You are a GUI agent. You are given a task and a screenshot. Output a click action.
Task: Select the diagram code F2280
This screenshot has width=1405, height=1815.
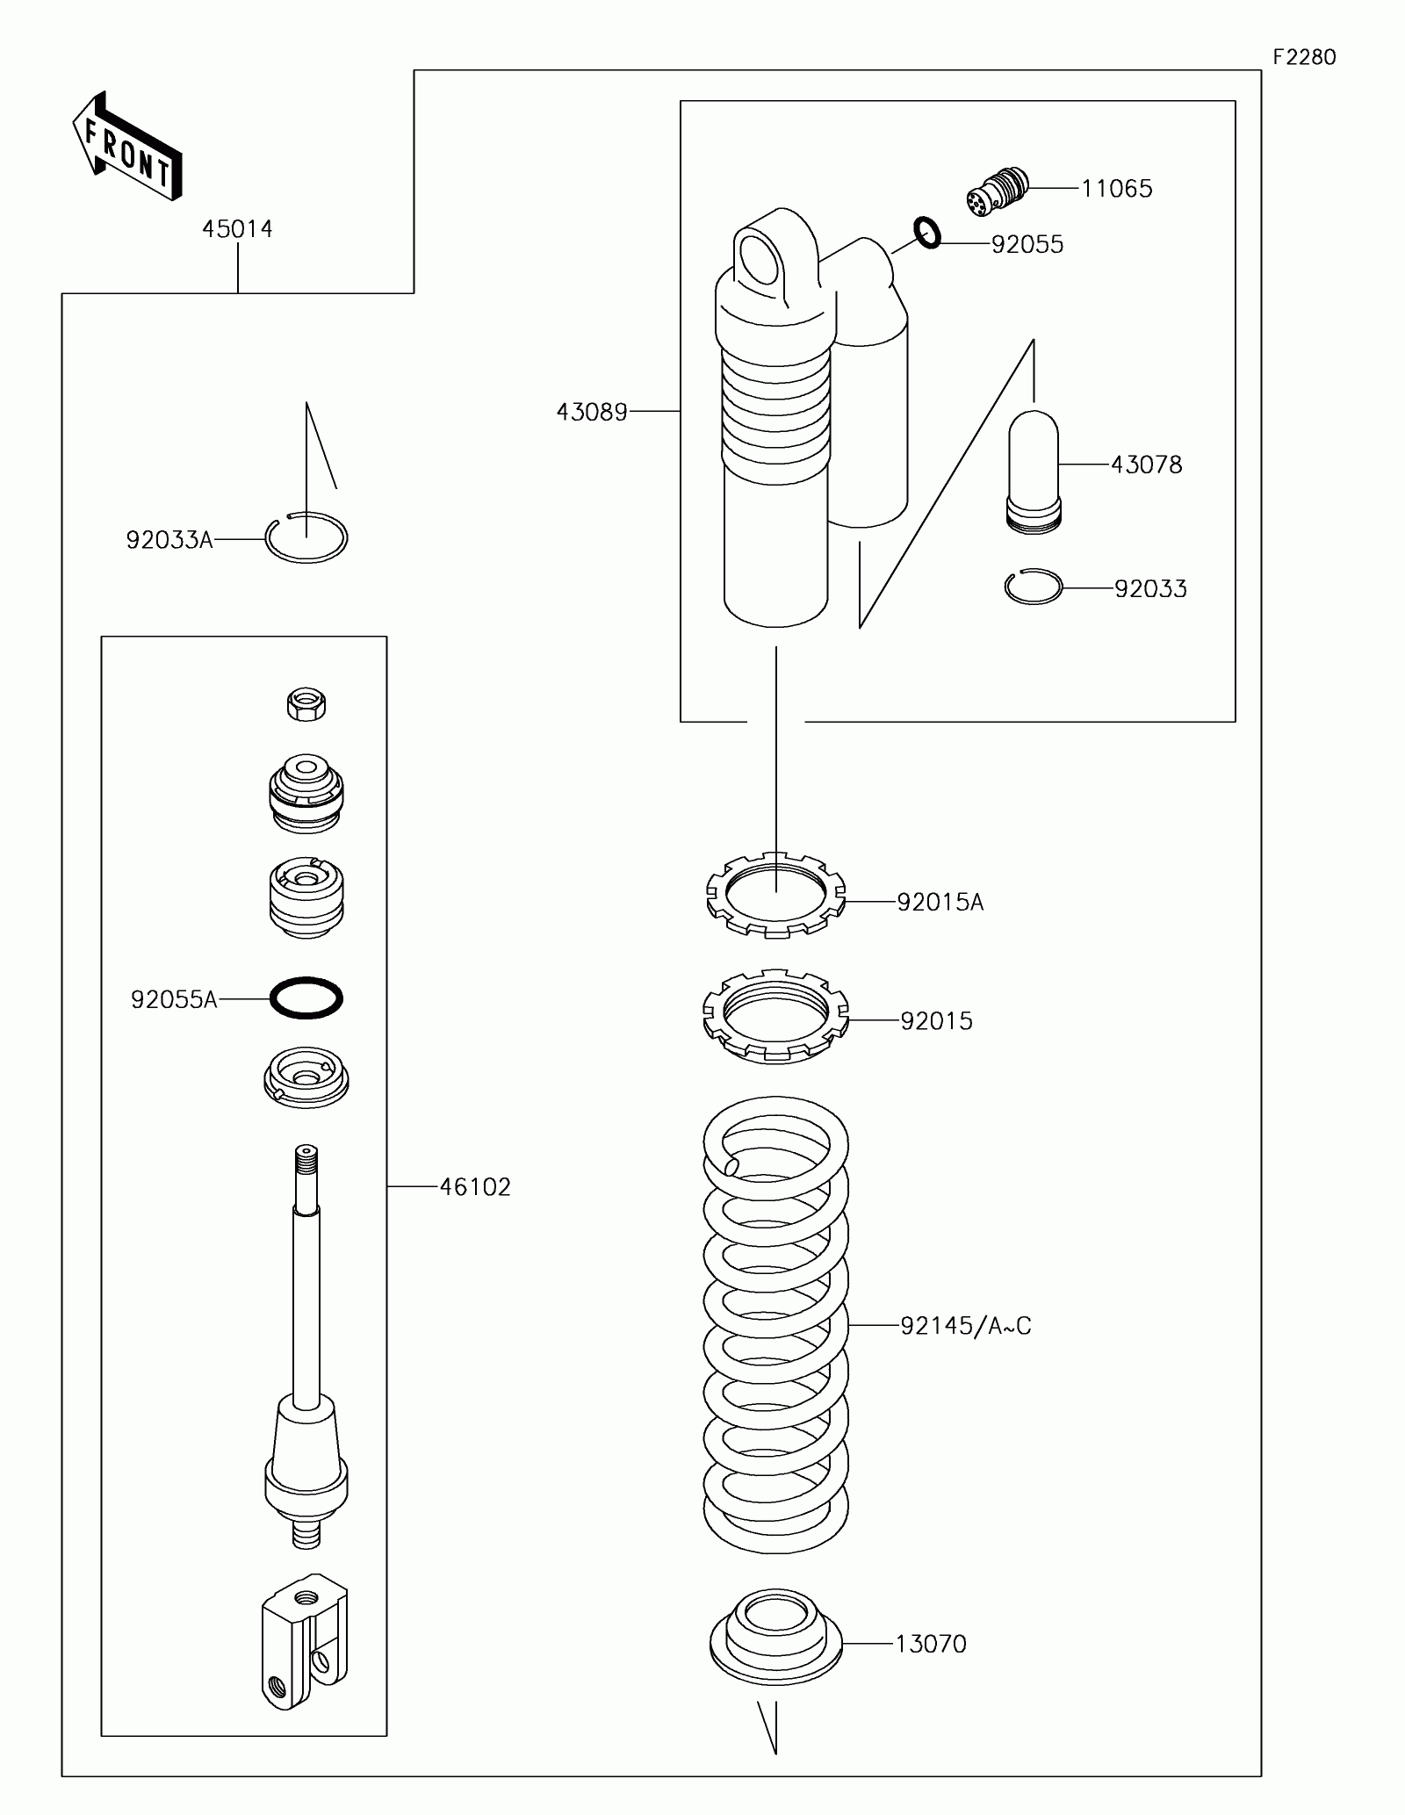coord(1305,57)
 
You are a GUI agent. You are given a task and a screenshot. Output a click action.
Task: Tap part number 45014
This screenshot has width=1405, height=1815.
coord(237,229)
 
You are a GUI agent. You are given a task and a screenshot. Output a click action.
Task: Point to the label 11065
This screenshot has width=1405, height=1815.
coord(1116,189)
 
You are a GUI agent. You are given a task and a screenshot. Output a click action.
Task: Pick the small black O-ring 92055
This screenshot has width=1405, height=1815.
coord(927,232)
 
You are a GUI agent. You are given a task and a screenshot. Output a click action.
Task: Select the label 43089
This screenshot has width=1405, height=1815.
coord(592,412)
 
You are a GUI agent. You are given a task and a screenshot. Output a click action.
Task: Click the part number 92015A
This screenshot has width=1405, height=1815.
coord(940,902)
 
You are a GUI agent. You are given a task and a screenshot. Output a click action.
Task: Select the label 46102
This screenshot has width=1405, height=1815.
coord(475,1187)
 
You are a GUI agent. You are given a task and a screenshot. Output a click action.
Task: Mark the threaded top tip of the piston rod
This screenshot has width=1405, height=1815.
coord(306,1151)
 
